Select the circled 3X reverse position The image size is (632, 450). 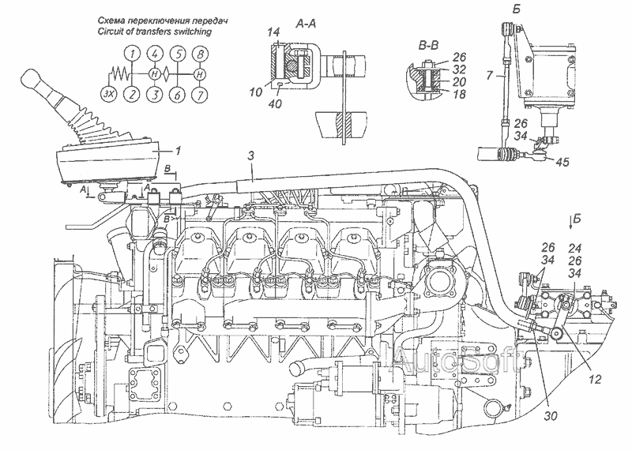(107, 94)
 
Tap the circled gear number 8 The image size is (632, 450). (200, 54)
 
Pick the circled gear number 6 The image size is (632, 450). (177, 95)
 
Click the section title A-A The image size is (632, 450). (306, 24)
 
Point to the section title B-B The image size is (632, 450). (428, 46)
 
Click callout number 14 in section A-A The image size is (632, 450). (274, 32)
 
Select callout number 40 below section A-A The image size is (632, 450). (275, 104)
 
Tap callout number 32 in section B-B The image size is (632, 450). (459, 69)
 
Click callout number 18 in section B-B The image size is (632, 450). (459, 94)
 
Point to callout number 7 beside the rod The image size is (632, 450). (489, 75)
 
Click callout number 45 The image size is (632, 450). (562, 162)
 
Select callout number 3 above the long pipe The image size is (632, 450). (251, 156)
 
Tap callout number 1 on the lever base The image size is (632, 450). (178, 151)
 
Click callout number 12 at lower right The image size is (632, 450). (595, 379)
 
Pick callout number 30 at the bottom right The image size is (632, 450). (550, 416)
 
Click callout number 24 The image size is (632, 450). (574, 248)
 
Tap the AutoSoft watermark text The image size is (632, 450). (457, 358)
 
